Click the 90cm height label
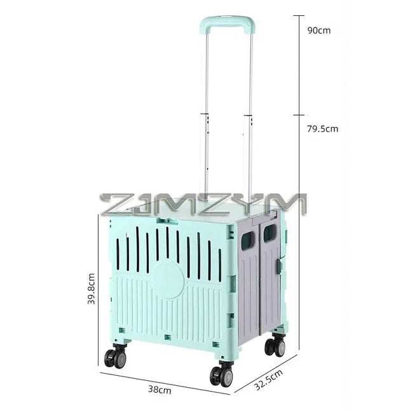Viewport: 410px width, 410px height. [x=318, y=31]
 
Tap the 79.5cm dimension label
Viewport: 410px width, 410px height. [x=322, y=129]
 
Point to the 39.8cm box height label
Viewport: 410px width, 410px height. [x=92, y=289]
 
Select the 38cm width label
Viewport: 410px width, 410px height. [x=160, y=390]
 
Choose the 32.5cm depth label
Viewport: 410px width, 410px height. [x=268, y=379]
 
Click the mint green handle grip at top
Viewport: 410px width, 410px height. [x=227, y=24]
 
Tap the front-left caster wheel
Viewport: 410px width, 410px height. [x=115, y=357]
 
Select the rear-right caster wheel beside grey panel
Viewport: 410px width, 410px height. [x=275, y=346]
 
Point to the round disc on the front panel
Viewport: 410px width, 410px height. [x=168, y=280]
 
